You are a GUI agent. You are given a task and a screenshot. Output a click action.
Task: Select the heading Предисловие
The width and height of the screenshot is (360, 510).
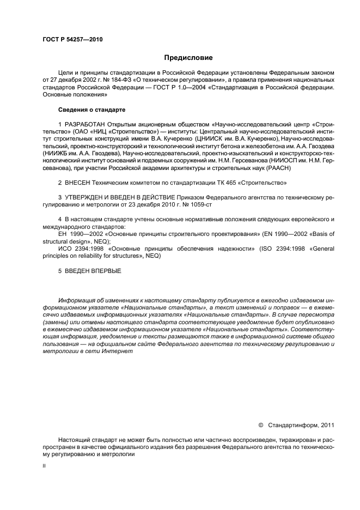(188, 58)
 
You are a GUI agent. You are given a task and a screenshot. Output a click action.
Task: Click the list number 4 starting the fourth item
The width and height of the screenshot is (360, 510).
(59, 219)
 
